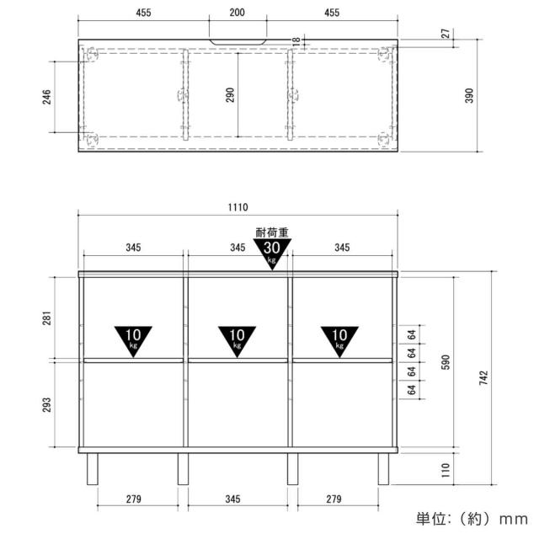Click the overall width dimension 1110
tap(237, 207)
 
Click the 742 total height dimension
tap(483, 377)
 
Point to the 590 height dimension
tap(446, 362)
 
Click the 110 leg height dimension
tap(446, 470)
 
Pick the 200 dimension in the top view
tap(237, 13)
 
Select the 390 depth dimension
tap(469, 95)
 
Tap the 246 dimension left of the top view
tap(46, 97)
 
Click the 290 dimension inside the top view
tap(230, 95)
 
